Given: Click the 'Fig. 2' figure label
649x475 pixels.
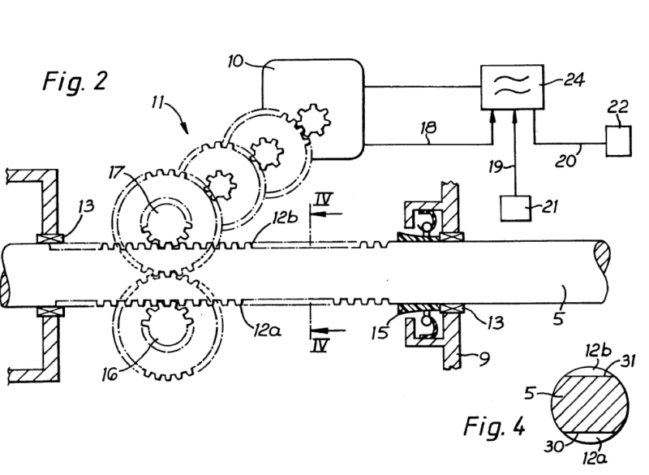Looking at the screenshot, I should click(74, 81).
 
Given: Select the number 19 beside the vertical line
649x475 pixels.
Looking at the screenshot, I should click(496, 168).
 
